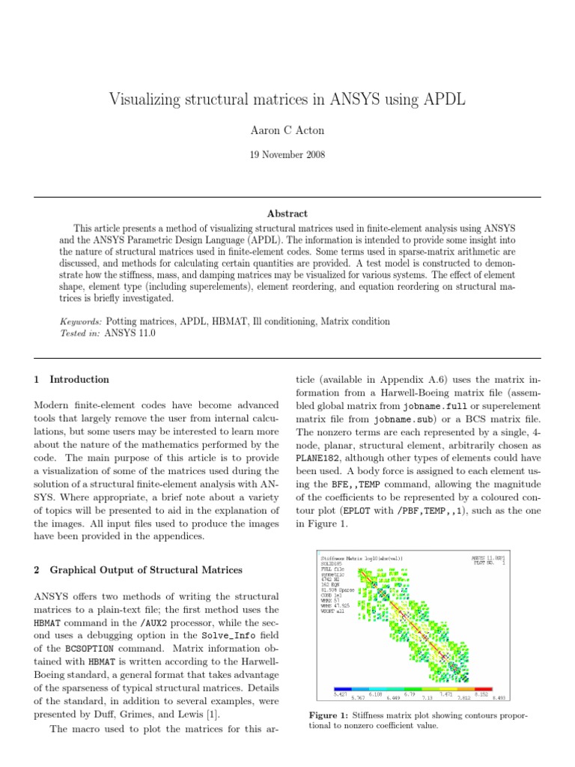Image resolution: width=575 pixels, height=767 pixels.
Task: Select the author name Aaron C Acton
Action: [287, 130]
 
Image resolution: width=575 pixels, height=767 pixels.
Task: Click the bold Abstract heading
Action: [287, 213]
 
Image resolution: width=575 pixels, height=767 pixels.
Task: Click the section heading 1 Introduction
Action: [72, 380]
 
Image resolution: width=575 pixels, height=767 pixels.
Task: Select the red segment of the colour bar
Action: [483, 688]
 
